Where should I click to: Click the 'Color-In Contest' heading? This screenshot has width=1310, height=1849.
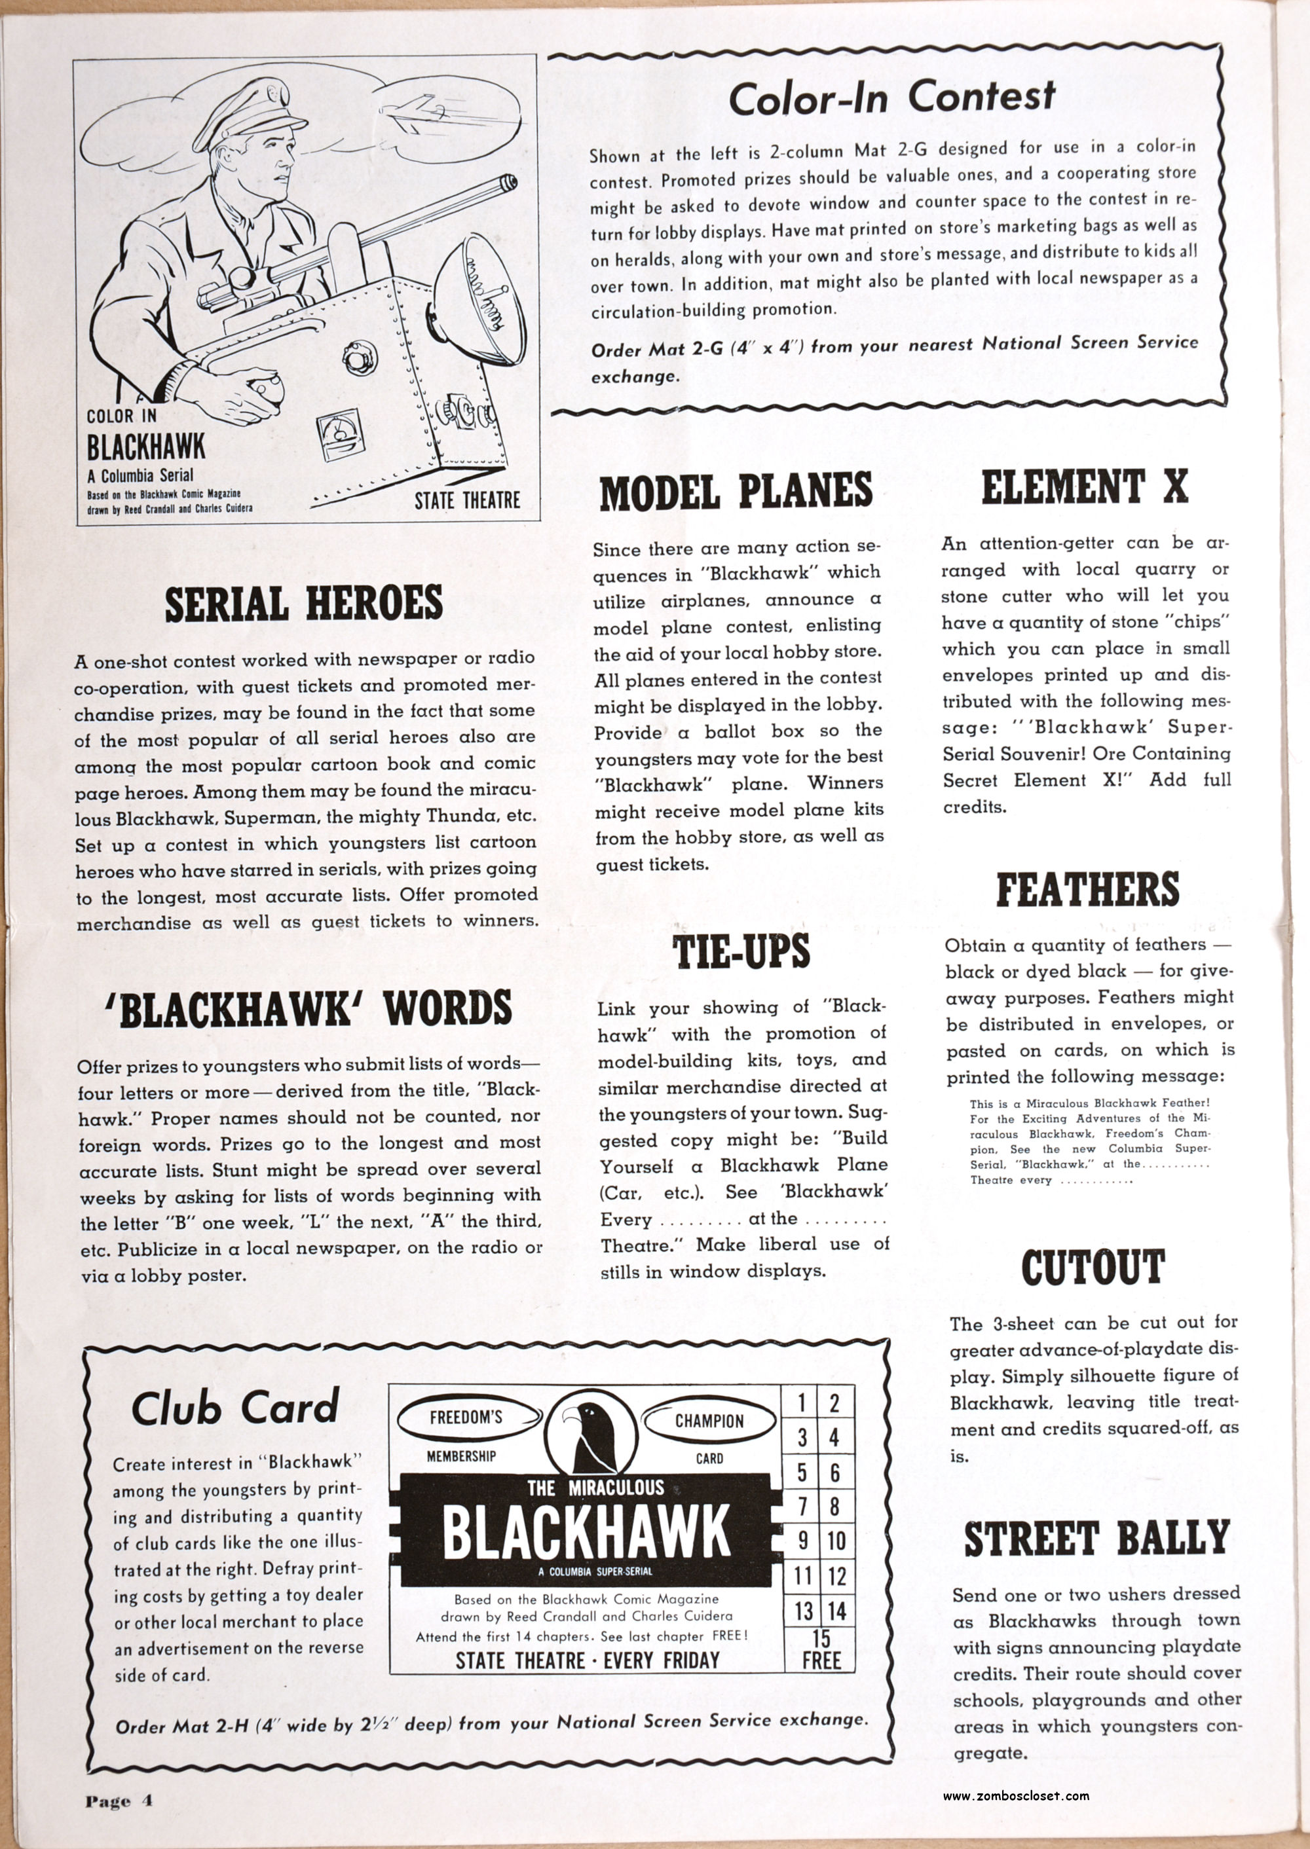891,98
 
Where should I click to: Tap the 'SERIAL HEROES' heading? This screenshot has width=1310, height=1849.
304,604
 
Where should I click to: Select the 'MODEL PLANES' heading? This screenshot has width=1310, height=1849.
736,491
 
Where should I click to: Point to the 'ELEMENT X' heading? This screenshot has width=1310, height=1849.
1085,486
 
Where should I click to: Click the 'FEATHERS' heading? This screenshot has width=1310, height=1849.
1087,889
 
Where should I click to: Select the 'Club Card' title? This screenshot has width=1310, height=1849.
234,1408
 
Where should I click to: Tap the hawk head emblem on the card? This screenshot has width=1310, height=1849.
590,1435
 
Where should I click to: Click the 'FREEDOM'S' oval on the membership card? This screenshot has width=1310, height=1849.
466,1418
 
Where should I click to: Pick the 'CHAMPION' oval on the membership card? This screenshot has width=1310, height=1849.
709,1421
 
